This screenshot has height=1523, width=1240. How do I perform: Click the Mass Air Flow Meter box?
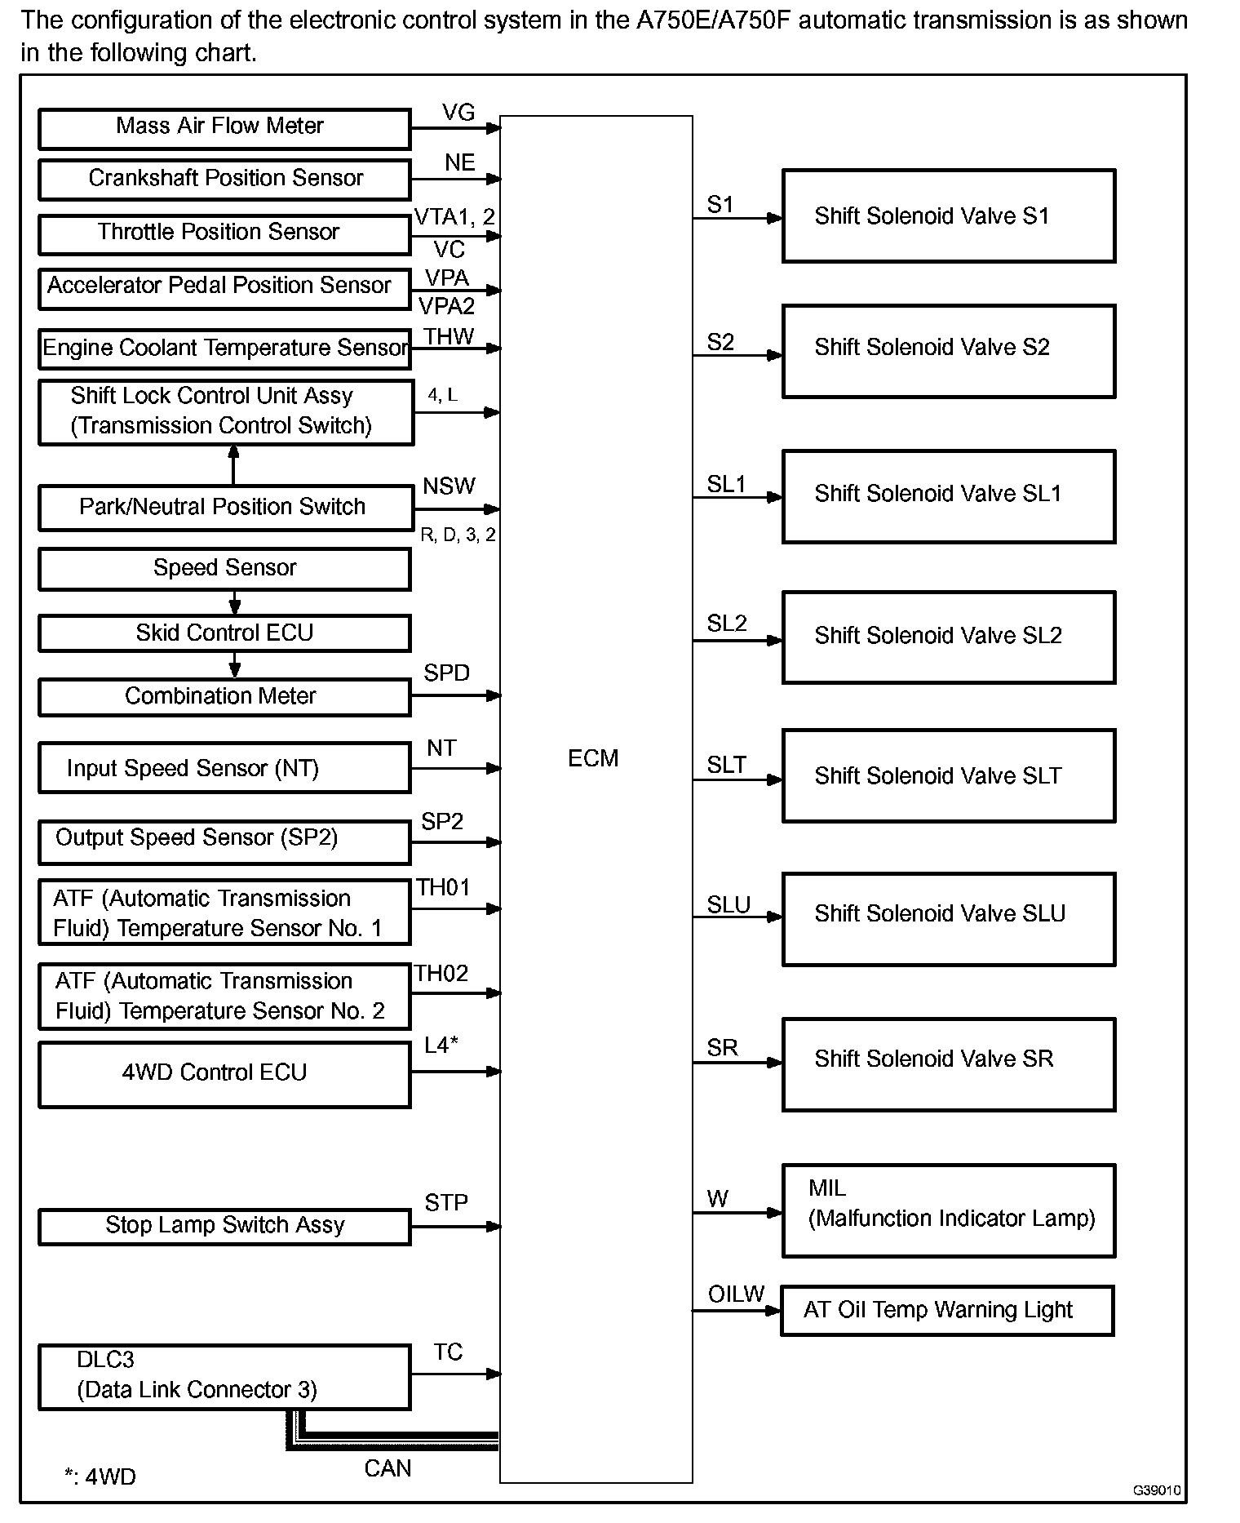224,128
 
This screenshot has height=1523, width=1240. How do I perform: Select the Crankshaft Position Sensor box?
224,179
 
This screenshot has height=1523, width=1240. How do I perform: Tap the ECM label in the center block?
593,758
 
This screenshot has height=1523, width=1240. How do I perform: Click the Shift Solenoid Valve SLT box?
948,775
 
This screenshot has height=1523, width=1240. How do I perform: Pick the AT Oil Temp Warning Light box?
946,1310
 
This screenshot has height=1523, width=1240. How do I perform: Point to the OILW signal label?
736,1294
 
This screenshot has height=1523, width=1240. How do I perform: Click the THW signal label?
449,336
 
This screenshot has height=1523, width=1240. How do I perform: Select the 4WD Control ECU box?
224,1073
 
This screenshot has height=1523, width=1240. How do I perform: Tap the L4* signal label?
441,1045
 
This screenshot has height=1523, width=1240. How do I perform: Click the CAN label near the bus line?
387,1468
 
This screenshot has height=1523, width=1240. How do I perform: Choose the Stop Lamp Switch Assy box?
224,1226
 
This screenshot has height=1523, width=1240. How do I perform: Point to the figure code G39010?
1157,1490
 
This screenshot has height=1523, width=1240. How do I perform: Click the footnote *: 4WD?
100,1476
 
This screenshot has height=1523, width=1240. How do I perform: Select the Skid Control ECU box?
224,633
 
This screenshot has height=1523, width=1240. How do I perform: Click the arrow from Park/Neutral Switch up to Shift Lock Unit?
234,465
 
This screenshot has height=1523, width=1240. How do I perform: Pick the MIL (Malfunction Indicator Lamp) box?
948,1210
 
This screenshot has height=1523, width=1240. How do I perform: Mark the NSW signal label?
449,486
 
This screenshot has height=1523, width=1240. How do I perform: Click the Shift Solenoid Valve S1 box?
948,215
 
